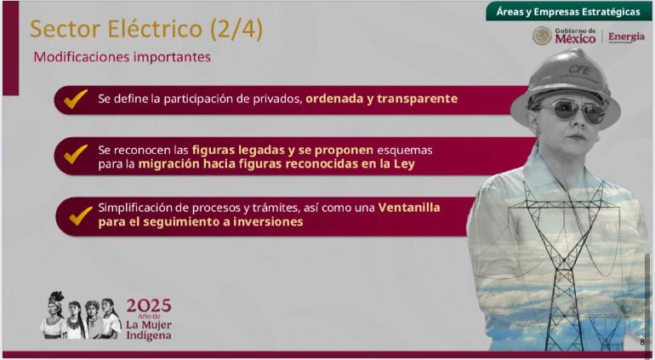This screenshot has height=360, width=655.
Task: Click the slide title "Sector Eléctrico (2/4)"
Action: click(146, 30)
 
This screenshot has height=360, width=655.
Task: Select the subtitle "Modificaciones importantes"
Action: click(122, 57)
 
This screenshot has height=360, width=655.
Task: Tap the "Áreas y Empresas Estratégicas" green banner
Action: click(568, 12)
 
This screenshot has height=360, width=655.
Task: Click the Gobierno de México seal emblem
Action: click(542, 36)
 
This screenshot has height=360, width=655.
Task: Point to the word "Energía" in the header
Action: click(626, 37)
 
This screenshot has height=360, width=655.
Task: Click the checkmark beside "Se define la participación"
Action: click(76, 99)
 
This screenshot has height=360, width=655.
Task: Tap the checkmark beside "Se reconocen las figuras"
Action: click(76, 154)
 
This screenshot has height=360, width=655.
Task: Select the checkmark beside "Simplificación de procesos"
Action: click(81, 215)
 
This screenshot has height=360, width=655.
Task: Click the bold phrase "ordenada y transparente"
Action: click(381, 99)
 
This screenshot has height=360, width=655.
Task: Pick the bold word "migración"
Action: click(168, 164)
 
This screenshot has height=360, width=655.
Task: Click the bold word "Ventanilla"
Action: click(409, 208)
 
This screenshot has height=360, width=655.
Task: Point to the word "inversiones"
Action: click(268, 221)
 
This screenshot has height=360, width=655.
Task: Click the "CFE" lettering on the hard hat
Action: click(579, 70)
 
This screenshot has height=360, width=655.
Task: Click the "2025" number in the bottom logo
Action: click(149, 306)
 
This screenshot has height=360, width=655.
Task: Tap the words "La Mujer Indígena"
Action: click(149, 330)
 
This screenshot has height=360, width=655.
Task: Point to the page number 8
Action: click(642, 342)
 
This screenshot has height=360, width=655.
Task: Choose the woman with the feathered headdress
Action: click(54, 315)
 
